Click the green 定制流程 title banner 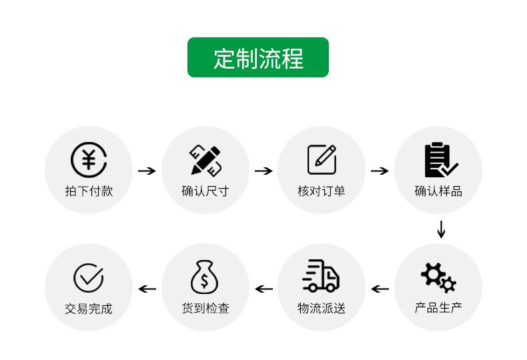tap(257, 57)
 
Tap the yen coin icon tap(89, 160)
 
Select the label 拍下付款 tap(89, 191)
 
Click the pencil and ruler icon tap(205, 160)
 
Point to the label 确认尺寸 tap(205, 191)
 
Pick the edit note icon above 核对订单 tap(322, 159)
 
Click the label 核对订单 tap(322, 191)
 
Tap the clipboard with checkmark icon tap(441, 160)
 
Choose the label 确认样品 tap(438, 191)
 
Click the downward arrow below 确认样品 tap(441, 229)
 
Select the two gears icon tap(438, 277)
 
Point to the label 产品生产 tap(438, 307)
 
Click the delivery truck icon tap(321, 275)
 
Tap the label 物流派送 tap(322, 308)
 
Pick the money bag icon tap(204, 277)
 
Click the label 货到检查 tap(205, 308)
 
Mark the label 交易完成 tap(89, 309)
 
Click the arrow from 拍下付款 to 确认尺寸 tap(147, 171)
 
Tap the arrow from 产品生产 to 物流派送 tap(380, 289)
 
